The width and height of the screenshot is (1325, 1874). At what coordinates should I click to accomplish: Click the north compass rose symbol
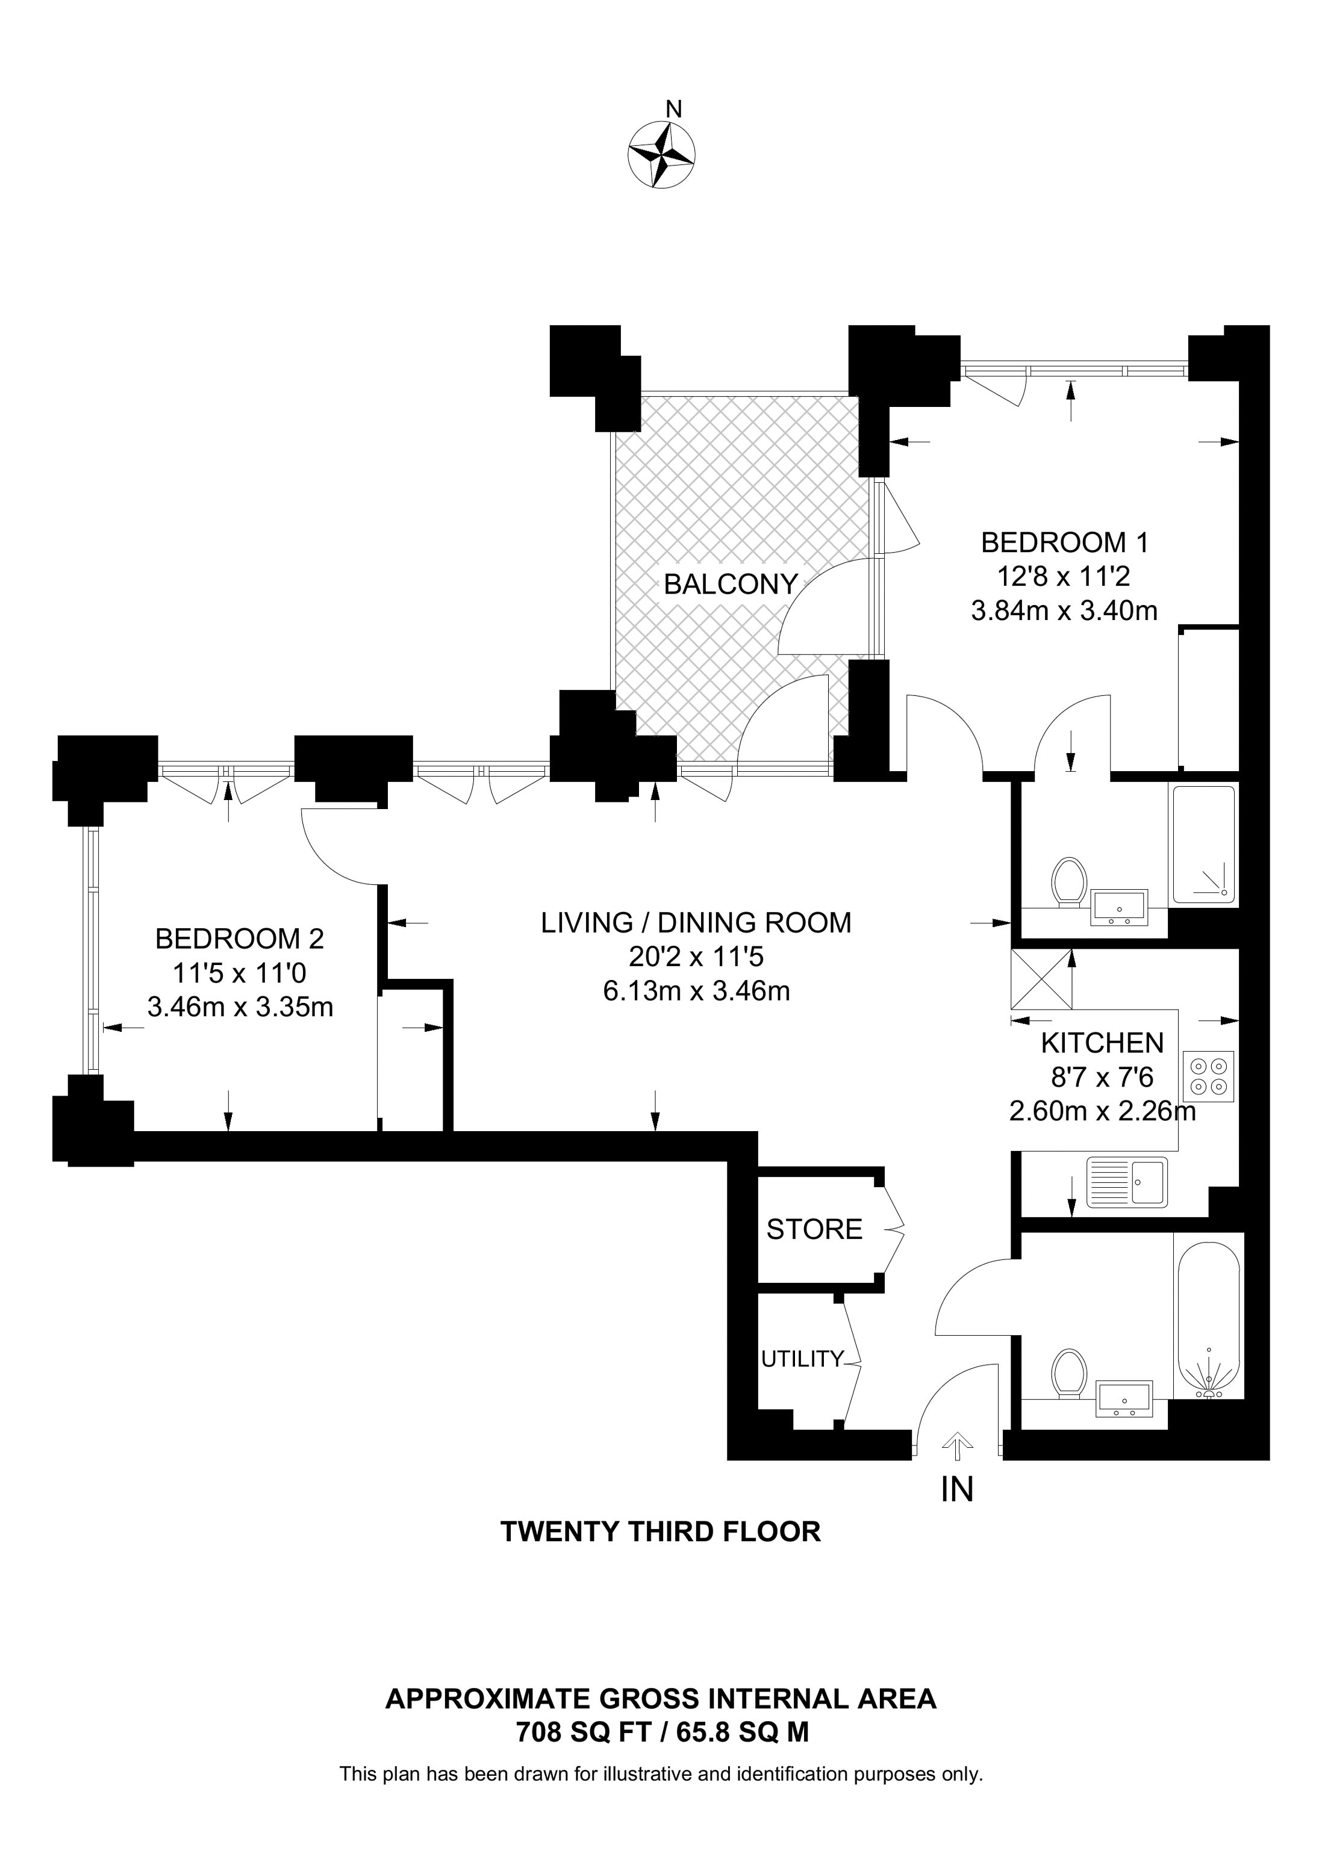click(661, 154)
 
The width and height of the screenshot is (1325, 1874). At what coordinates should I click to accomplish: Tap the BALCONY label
click(730, 585)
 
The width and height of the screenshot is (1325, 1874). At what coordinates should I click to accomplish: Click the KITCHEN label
click(1102, 1043)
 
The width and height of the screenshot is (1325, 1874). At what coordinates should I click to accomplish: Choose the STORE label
click(814, 1229)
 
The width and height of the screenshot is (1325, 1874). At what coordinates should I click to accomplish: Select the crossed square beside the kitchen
click(1041, 980)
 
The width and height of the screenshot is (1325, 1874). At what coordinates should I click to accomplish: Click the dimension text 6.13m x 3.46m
click(696, 991)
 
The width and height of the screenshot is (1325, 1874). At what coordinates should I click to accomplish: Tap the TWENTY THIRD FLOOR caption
click(661, 1531)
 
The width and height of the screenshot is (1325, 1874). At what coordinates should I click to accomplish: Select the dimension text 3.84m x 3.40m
click(1065, 610)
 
